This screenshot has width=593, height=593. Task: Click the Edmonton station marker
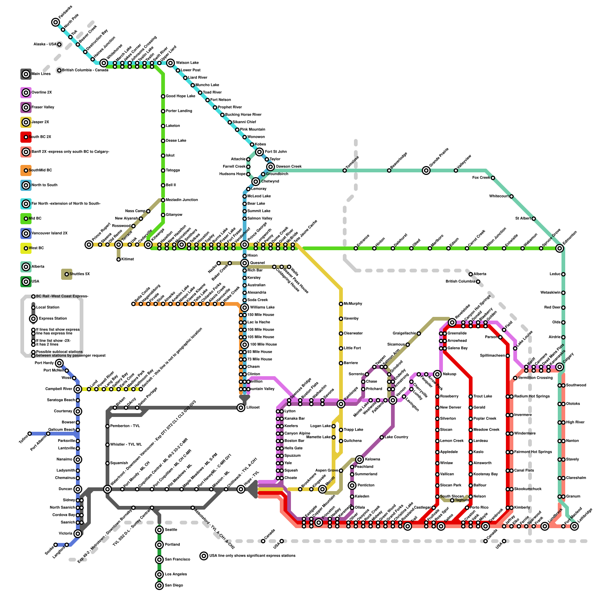[560, 248]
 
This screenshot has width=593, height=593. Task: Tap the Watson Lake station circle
[170, 63]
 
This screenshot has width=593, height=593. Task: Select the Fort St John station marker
[259, 152]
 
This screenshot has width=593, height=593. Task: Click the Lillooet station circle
[241, 408]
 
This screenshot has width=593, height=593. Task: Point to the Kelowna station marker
[360, 460]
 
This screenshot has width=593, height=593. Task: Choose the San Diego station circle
[159, 586]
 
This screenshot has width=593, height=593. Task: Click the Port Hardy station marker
[59, 363]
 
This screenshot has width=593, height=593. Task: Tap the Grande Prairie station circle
[426, 170]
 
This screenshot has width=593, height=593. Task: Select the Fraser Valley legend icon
[26, 107]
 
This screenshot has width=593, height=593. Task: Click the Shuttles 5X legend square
[67, 274]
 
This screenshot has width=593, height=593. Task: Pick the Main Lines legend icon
[26, 74]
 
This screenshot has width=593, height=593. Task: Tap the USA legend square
[26, 282]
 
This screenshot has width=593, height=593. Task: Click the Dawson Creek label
[289, 166]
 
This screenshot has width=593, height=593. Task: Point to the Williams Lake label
[262, 307]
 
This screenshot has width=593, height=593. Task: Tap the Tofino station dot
[30, 434]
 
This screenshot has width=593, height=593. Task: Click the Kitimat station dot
[119, 259]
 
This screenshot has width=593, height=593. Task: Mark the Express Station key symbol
[33, 319]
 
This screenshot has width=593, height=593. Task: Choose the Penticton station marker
[352, 486]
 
